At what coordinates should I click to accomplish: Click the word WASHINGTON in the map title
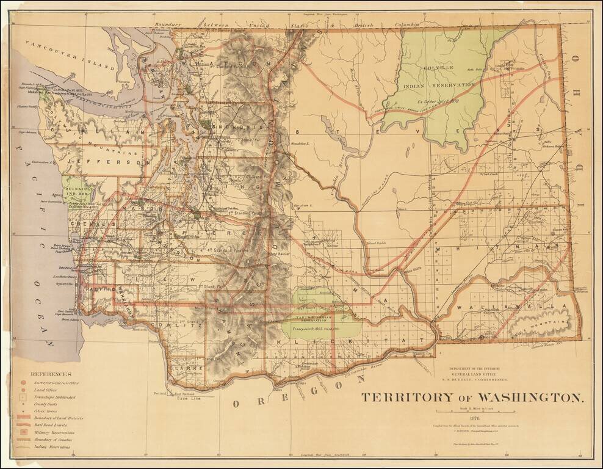(523, 398)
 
